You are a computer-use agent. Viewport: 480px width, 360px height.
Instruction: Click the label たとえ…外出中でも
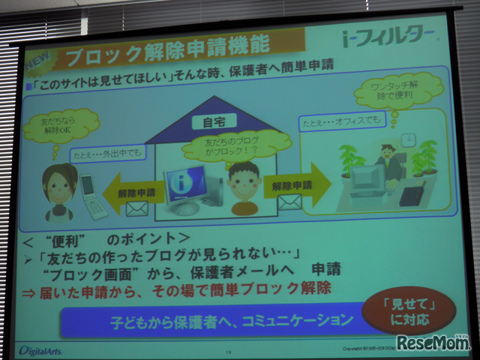[x=105, y=154]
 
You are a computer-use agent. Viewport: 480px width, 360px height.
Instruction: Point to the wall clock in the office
[x=406, y=140]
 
